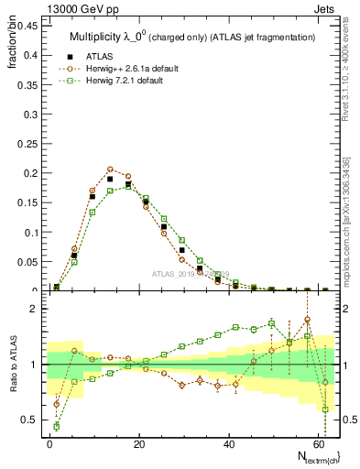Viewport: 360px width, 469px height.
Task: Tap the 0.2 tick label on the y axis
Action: point(29,172)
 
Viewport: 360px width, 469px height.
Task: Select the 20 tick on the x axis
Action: point(139,442)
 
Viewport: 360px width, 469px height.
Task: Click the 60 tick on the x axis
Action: point(317,442)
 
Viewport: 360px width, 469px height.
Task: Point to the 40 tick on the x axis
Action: point(228,442)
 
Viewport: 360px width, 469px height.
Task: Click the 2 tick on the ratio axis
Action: point(34,309)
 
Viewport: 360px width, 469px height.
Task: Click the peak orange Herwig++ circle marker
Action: point(110,169)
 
